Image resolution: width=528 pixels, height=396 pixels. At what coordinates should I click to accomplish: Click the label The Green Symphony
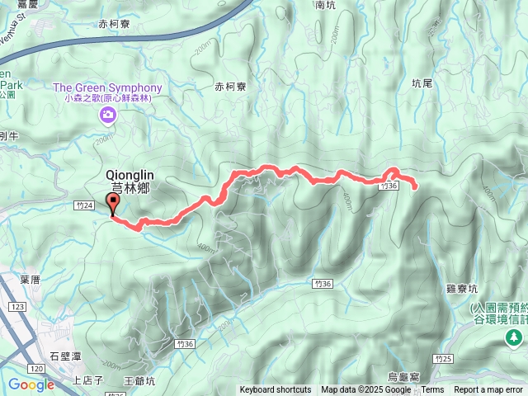coord(107,88)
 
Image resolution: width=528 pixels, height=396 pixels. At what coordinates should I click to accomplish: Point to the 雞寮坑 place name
coord(462,289)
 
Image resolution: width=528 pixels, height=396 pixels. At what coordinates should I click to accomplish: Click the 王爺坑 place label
coord(139,380)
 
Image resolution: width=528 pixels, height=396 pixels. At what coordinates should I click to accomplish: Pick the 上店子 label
coord(87,380)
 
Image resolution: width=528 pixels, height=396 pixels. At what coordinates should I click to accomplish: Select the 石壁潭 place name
coord(64,356)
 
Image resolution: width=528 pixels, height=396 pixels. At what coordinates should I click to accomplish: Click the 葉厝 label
coord(31,280)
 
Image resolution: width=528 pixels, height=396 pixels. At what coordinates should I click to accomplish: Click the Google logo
coord(31,384)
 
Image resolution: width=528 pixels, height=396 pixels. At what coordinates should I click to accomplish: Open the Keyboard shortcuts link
coord(276,390)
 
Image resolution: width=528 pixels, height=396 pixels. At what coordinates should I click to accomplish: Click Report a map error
coord(488,390)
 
